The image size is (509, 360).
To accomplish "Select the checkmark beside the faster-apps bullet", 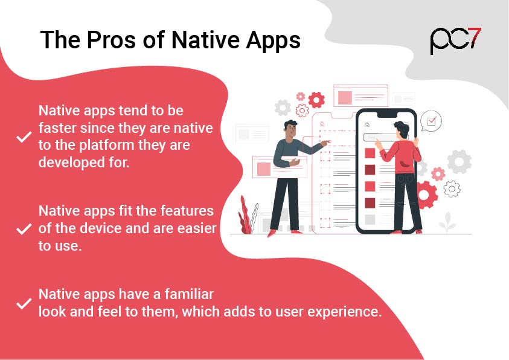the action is (x=24, y=137).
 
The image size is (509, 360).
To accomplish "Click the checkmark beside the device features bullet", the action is (x=24, y=229).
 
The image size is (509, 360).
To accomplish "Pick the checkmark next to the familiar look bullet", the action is (x=24, y=303).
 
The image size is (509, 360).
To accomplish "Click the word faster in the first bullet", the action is (x=57, y=128).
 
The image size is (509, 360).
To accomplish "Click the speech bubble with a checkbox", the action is (x=431, y=121).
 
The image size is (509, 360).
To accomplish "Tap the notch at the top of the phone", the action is (x=386, y=115).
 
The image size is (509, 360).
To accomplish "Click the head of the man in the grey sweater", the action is (x=290, y=129).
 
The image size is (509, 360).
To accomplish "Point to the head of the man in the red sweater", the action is (x=402, y=130).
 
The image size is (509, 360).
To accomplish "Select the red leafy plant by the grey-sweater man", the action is (x=245, y=215).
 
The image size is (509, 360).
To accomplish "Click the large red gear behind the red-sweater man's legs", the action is (x=424, y=194).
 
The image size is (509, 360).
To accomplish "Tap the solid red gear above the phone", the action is (x=316, y=100).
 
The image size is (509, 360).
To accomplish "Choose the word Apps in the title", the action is (x=273, y=41).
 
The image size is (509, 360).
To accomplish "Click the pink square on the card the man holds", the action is (x=264, y=169).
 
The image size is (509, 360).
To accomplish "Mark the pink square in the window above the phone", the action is (x=345, y=98).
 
